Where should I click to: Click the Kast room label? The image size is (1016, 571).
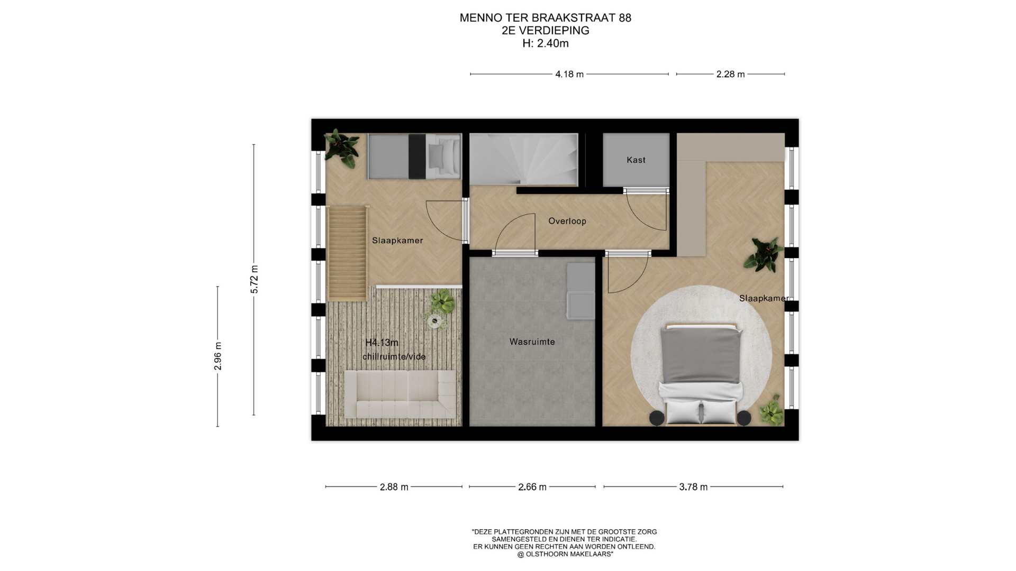(636, 160)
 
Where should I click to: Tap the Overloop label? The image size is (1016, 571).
(567, 221)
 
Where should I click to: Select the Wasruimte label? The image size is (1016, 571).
(532, 342)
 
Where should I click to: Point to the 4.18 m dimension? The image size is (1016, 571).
(569, 75)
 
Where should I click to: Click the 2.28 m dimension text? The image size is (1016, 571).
(730, 75)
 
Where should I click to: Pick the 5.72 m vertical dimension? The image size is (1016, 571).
(255, 279)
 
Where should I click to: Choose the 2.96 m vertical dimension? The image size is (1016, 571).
(217, 356)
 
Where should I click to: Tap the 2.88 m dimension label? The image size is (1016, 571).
(394, 487)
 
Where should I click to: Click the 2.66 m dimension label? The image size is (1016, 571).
(532, 487)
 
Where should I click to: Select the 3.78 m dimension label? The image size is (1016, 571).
(693, 487)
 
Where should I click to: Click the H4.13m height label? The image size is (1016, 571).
(382, 343)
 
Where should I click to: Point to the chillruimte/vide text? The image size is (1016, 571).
(394, 356)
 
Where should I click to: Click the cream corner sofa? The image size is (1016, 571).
(400, 394)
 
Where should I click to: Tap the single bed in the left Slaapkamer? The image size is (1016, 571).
(415, 156)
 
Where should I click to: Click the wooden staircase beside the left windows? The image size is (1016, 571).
(347, 253)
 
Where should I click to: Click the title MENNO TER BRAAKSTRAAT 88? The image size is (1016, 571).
(545, 17)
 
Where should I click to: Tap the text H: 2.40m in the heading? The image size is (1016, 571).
(545, 43)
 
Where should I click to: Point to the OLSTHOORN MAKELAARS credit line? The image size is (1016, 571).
(565, 554)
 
